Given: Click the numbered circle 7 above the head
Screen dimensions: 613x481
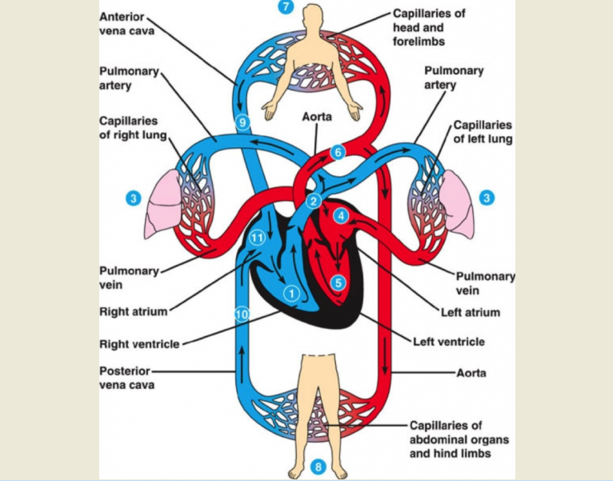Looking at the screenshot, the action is click(x=286, y=6).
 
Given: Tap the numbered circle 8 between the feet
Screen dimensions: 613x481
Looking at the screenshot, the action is click(x=319, y=467).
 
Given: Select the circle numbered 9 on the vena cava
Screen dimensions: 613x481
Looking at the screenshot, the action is click(x=242, y=122).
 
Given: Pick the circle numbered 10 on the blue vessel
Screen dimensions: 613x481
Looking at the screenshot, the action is click(x=242, y=314).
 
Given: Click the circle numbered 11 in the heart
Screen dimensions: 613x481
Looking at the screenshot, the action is click(x=257, y=238).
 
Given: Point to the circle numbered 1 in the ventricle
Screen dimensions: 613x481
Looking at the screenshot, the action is click(x=291, y=293).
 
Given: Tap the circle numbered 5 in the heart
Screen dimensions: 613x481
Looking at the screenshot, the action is click(x=339, y=283).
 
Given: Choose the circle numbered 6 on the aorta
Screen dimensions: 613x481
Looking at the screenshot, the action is click(x=339, y=152).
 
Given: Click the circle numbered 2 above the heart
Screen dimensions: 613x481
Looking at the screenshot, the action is click(x=314, y=201).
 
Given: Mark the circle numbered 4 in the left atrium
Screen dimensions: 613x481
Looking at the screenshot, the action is click(x=341, y=216).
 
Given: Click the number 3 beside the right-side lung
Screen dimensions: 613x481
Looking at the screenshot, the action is click(x=487, y=198).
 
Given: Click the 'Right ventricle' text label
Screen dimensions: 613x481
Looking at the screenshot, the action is click(x=139, y=344).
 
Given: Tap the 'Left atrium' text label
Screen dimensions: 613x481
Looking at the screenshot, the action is click(x=471, y=312).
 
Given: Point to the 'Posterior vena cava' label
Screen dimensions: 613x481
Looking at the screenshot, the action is click(x=127, y=378).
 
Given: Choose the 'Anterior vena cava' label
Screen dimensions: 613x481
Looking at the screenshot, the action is click(x=126, y=24).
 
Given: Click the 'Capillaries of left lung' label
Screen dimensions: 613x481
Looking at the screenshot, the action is click(x=483, y=132).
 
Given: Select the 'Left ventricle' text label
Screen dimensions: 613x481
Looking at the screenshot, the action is click(x=449, y=342).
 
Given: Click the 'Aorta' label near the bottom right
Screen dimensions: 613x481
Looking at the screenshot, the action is click(x=471, y=373).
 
